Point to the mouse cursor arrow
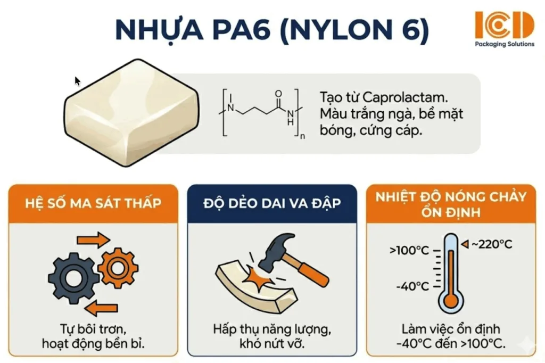click(77, 81)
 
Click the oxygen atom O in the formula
click(278, 94)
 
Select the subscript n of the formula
click(302, 136)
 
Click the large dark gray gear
click(73, 277)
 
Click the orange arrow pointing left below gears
click(104, 308)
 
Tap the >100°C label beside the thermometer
click(410, 249)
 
